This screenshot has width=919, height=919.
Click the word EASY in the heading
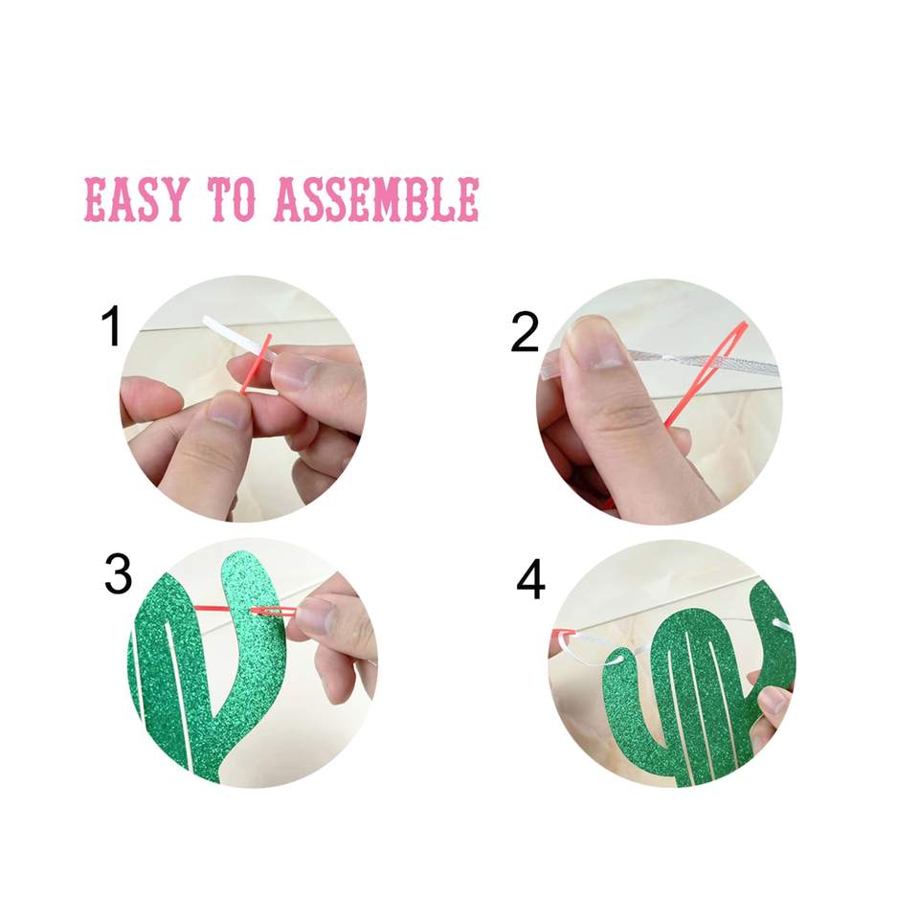[137, 199]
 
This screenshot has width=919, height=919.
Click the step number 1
[111, 325]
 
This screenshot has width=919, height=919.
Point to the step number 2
[525, 332]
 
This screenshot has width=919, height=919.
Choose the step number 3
[118, 574]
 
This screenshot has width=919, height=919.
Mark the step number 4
[530, 580]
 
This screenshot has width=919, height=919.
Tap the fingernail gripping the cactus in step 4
[773, 700]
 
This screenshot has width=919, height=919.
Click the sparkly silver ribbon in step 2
[662, 360]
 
